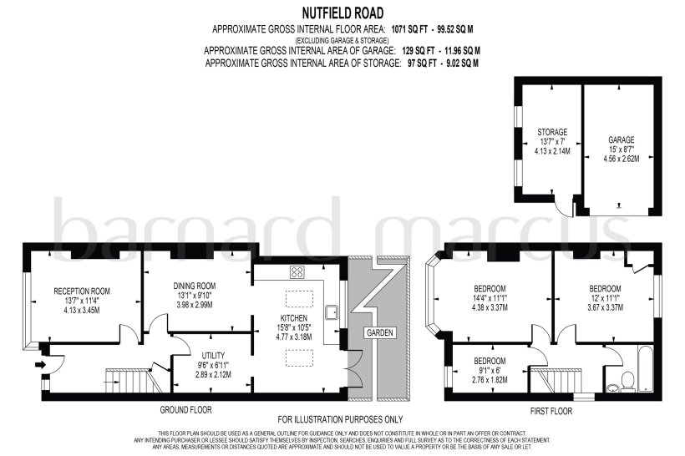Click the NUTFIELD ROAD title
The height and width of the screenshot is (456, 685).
tap(342, 13)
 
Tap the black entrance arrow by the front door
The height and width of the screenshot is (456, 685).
tap(38, 365)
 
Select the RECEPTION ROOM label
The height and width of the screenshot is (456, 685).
tap(82, 291)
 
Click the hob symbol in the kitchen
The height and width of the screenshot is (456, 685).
tap(297, 272)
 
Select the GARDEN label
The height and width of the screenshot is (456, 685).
tap(378, 332)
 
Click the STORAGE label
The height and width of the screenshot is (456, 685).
tap(552, 132)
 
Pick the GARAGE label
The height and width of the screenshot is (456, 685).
tap(622, 139)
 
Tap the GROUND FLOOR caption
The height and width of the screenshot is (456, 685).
tap(185, 410)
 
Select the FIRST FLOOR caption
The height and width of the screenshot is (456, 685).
tap(551, 411)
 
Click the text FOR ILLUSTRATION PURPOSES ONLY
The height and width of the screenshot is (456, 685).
tap(341, 419)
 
